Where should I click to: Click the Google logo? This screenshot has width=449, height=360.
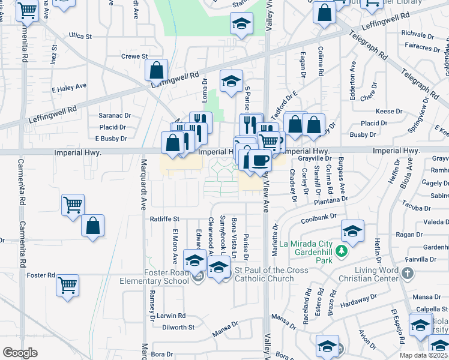[20, 353]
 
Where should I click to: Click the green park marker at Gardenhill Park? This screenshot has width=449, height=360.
[342, 250]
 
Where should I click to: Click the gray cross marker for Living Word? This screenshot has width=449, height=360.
[408, 274]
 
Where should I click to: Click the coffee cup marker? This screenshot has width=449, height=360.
[260, 160]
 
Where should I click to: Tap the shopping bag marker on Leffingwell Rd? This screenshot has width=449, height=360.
[156, 70]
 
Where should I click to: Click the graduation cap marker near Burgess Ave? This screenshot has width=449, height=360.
[352, 230]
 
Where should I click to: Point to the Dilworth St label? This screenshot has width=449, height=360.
[179, 328]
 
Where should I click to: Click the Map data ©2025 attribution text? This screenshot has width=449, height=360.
[424, 355]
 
